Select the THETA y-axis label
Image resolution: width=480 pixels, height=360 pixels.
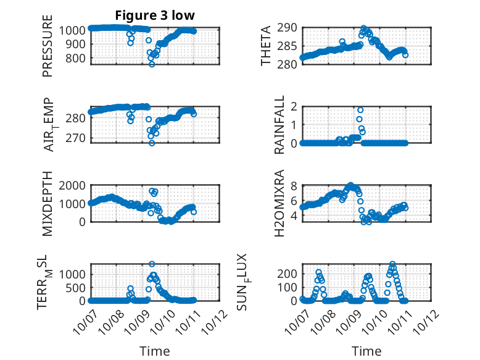[x=266, y=46]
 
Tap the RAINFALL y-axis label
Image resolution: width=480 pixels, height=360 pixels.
[x=279, y=125]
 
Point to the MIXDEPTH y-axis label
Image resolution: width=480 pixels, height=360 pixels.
[x=48, y=204]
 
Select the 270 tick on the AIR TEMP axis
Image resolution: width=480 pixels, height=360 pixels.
[x=77, y=138]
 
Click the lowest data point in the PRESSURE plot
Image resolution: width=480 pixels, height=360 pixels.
[x=152, y=64]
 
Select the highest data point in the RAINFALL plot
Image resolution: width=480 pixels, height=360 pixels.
[x=360, y=110]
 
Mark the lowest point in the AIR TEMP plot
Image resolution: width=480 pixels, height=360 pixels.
[x=152, y=143]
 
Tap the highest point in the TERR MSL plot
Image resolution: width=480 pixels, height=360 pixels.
[x=152, y=264]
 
